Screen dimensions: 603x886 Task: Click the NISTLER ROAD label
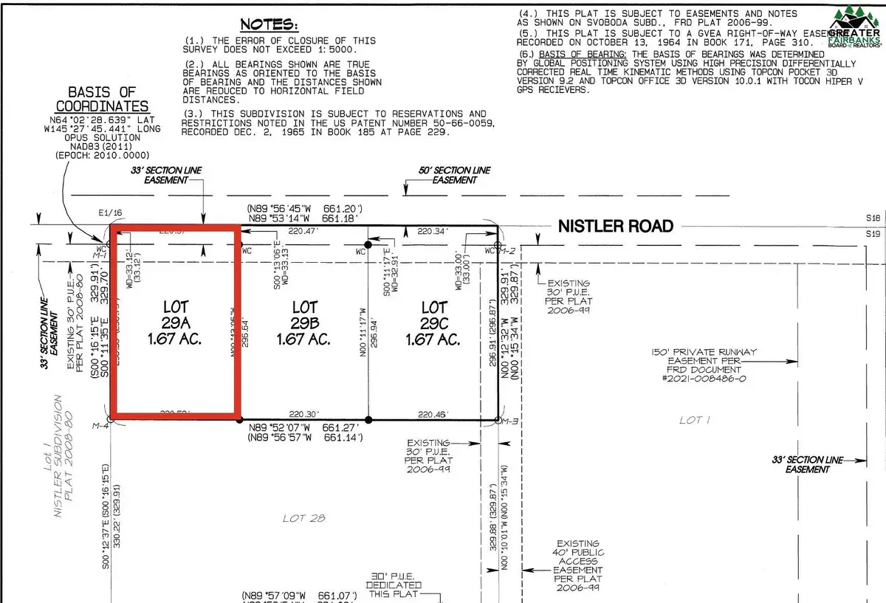click(x=614, y=226)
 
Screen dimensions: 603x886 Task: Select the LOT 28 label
click(x=303, y=518)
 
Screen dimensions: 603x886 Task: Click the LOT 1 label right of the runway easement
click(x=690, y=420)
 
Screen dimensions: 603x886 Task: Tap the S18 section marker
click(x=873, y=219)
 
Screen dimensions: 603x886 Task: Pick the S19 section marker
click(x=873, y=234)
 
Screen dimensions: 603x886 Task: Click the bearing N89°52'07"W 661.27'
click(x=303, y=427)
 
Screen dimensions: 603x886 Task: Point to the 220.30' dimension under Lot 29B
click(x=302, y=415)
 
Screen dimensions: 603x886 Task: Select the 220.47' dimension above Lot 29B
click(x=303, y=231)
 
